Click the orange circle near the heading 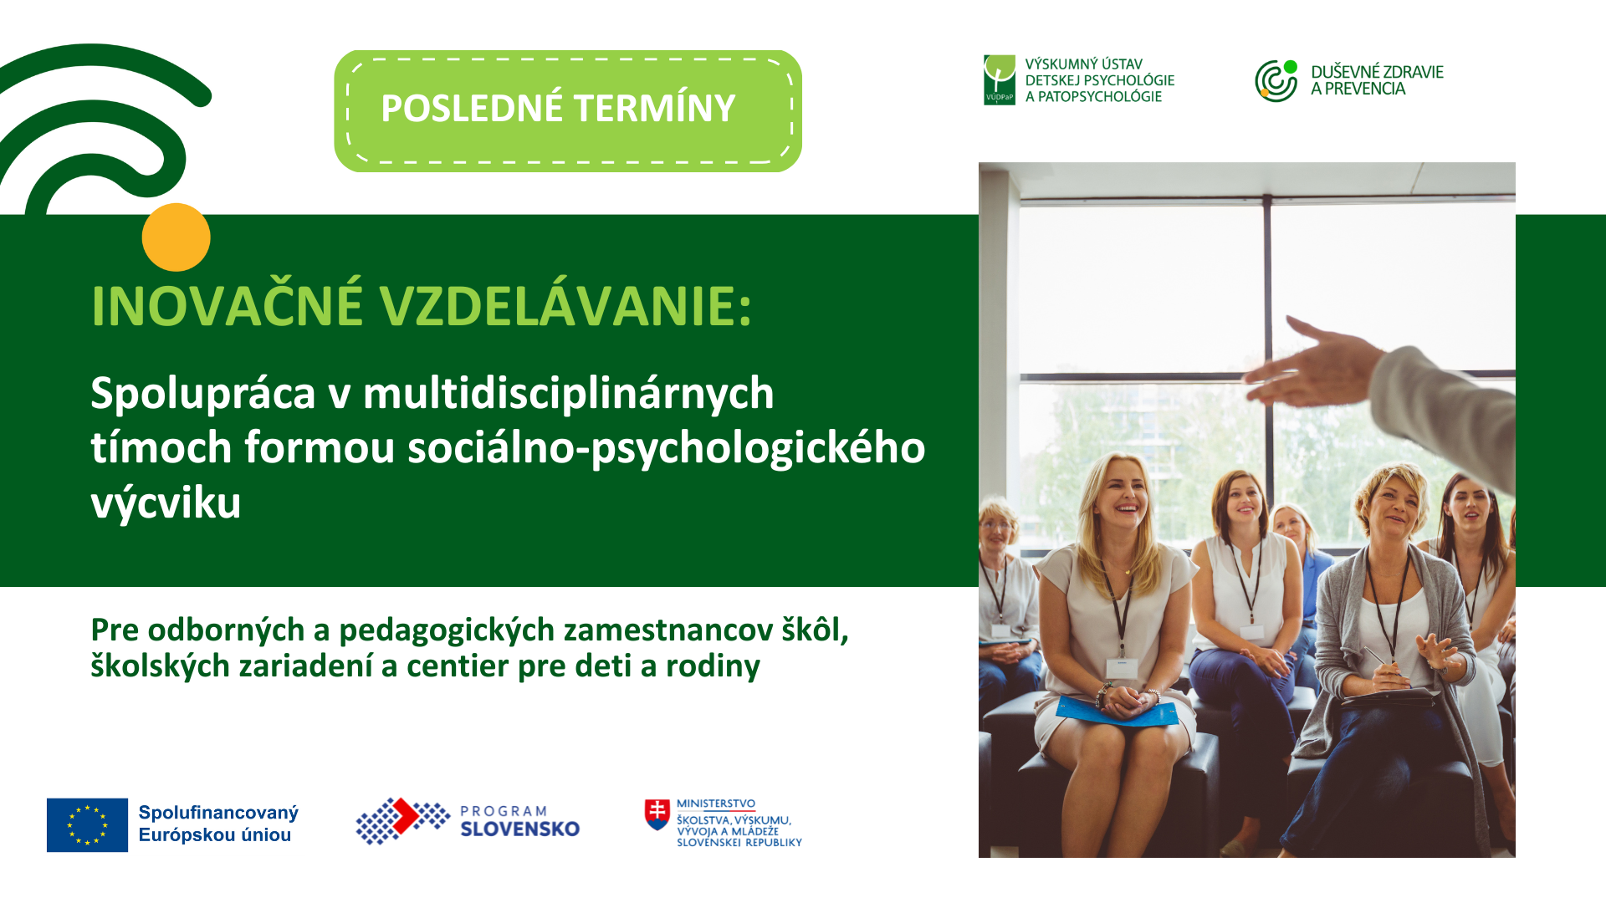(176, 237)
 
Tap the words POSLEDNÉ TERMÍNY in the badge (558, 109)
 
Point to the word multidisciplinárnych (569, 393)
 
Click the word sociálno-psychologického (667, 448)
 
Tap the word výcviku (166, 503)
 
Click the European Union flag (87, 825)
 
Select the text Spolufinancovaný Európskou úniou (218, 824)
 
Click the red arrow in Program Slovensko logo (405, 817)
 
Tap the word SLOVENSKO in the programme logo (519, 829)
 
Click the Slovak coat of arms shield (657, 814)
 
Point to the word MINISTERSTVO (716, 804)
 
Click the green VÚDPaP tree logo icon (1000, 80)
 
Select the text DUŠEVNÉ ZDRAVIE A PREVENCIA (1377, 80)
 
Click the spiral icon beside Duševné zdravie (1276, 81)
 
